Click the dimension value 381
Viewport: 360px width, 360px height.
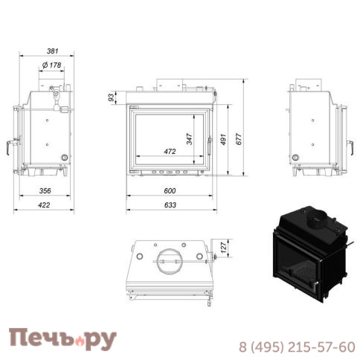51,51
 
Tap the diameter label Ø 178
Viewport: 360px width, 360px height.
51,66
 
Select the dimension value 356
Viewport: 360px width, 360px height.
44,191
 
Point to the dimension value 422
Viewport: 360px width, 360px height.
44,208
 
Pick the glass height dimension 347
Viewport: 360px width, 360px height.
190,138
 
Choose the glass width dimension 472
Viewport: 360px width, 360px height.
170,152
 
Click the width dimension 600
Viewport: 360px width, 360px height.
170,191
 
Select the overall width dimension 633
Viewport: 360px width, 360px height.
170,208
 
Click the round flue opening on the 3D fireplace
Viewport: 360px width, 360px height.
318,219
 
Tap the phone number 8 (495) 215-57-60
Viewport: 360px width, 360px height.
296,347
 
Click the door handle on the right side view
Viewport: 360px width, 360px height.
347,144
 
